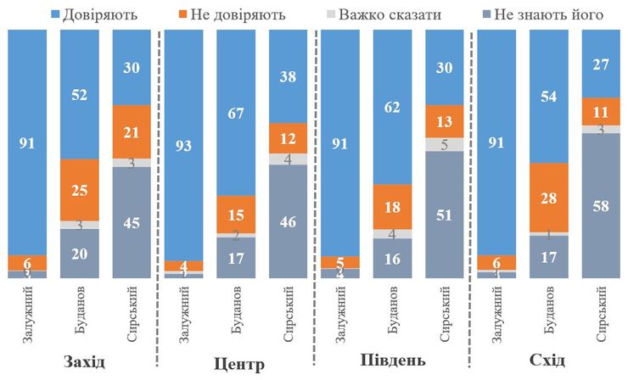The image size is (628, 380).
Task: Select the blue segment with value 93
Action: pos(183,144)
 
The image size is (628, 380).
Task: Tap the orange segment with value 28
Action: pos(547,197)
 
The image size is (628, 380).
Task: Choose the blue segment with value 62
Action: pos(393,107)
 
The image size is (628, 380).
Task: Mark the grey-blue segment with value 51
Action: pos(444,215)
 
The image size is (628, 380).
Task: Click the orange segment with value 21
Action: pos(131,131)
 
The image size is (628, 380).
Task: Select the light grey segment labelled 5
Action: pos(444,144)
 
